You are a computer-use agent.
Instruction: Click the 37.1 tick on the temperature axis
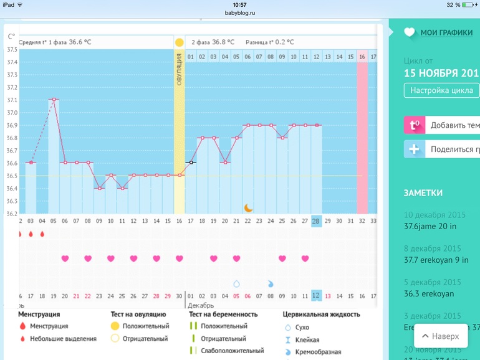(12, 100)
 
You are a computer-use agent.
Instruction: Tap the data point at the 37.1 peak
(54, 99)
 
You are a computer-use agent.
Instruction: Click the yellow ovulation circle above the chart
(180, 42)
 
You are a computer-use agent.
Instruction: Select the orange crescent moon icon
(248, 207)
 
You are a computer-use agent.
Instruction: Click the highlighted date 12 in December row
(316, 296)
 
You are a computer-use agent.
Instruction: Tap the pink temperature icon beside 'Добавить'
(414, 125)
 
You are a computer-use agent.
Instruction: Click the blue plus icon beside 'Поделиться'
(414, 149)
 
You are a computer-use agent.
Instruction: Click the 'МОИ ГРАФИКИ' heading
(446, 33)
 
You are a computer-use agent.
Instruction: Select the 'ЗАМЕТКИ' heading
(423, 193)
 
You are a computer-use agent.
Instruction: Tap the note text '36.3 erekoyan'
(430, 294)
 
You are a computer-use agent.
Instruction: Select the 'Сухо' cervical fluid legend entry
(302, 328)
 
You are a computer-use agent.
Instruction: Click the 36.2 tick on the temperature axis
(12, 214)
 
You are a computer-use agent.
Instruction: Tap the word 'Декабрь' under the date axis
(201, 306)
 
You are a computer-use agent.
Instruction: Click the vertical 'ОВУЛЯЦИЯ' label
(180, 69)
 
